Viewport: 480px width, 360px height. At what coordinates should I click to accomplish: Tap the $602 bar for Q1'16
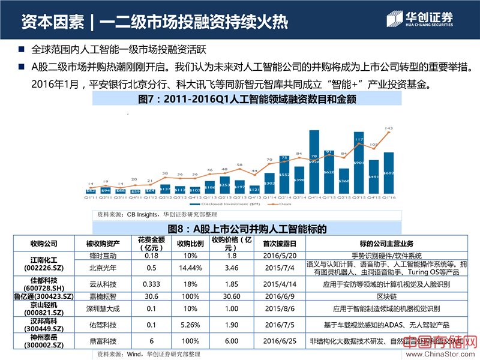pos(389,175)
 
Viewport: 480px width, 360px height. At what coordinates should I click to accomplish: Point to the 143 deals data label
pos(389,128)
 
